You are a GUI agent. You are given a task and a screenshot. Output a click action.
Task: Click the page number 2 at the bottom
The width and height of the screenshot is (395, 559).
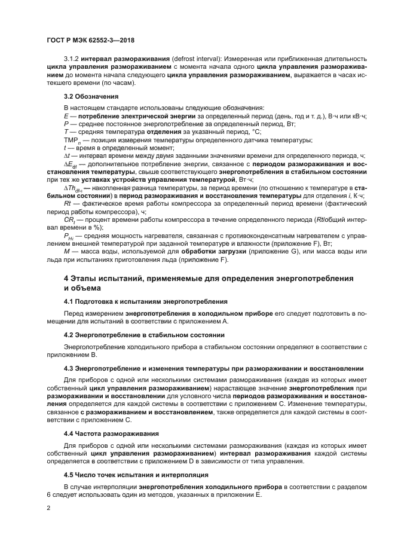tap(49, 508)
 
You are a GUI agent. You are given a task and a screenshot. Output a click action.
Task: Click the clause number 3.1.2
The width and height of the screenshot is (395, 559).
tap(72, 58)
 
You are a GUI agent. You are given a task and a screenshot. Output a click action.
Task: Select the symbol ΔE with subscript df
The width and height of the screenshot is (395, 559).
tap(71, 164)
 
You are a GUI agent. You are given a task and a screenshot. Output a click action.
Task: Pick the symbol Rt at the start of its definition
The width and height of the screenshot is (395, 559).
tap(68, 204)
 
